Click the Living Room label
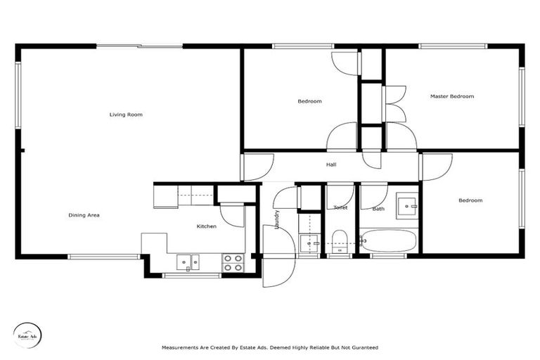(x=126, y=114)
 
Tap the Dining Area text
(x=84, y=215)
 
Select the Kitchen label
(x=206, y=226)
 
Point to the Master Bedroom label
(x=451, y=96)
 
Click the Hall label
(x=330, y=165)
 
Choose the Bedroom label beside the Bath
(x=470, y=200)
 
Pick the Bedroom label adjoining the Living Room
(x=309, y=101)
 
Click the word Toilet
(x=340, y=207)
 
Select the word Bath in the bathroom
(x=378, y=208)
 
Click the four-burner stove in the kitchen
(x=233, y=263)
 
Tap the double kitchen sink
(x=186, y=262)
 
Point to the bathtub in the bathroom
(x=387, y=241)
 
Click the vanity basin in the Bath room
(x=406, y=208)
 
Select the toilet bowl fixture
(x=340, y=240)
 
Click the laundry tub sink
(x=308, y=243)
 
